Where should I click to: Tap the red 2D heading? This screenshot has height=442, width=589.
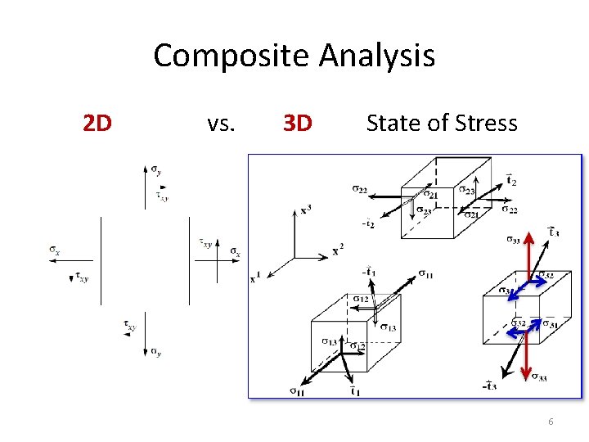click(97, 124)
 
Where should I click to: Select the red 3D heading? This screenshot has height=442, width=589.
click(297, 124)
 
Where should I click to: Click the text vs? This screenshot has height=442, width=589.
click(220, 124)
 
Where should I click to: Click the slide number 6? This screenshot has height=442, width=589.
click(551, 422)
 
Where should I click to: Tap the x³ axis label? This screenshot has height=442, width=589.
click(305, 210)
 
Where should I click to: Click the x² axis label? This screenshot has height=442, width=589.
click(338, 250)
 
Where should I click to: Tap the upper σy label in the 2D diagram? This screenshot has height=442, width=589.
click(156, 170)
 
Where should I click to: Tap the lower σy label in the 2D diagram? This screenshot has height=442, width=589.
click(155, 352)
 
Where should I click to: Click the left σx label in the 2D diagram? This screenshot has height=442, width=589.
click(55, 250)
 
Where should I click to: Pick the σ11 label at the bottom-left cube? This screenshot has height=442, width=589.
click(298, 391)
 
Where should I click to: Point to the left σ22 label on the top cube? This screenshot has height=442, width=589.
click(360, 190)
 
